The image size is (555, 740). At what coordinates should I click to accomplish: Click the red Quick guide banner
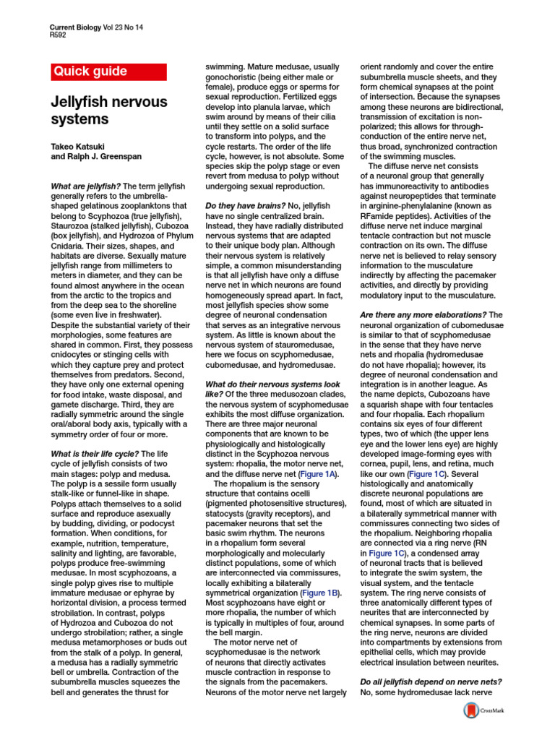tap(108, 72)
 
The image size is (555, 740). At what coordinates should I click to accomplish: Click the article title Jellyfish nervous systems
tap(108, 110)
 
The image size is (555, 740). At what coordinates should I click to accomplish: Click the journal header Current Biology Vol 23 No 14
tap(96, 26)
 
